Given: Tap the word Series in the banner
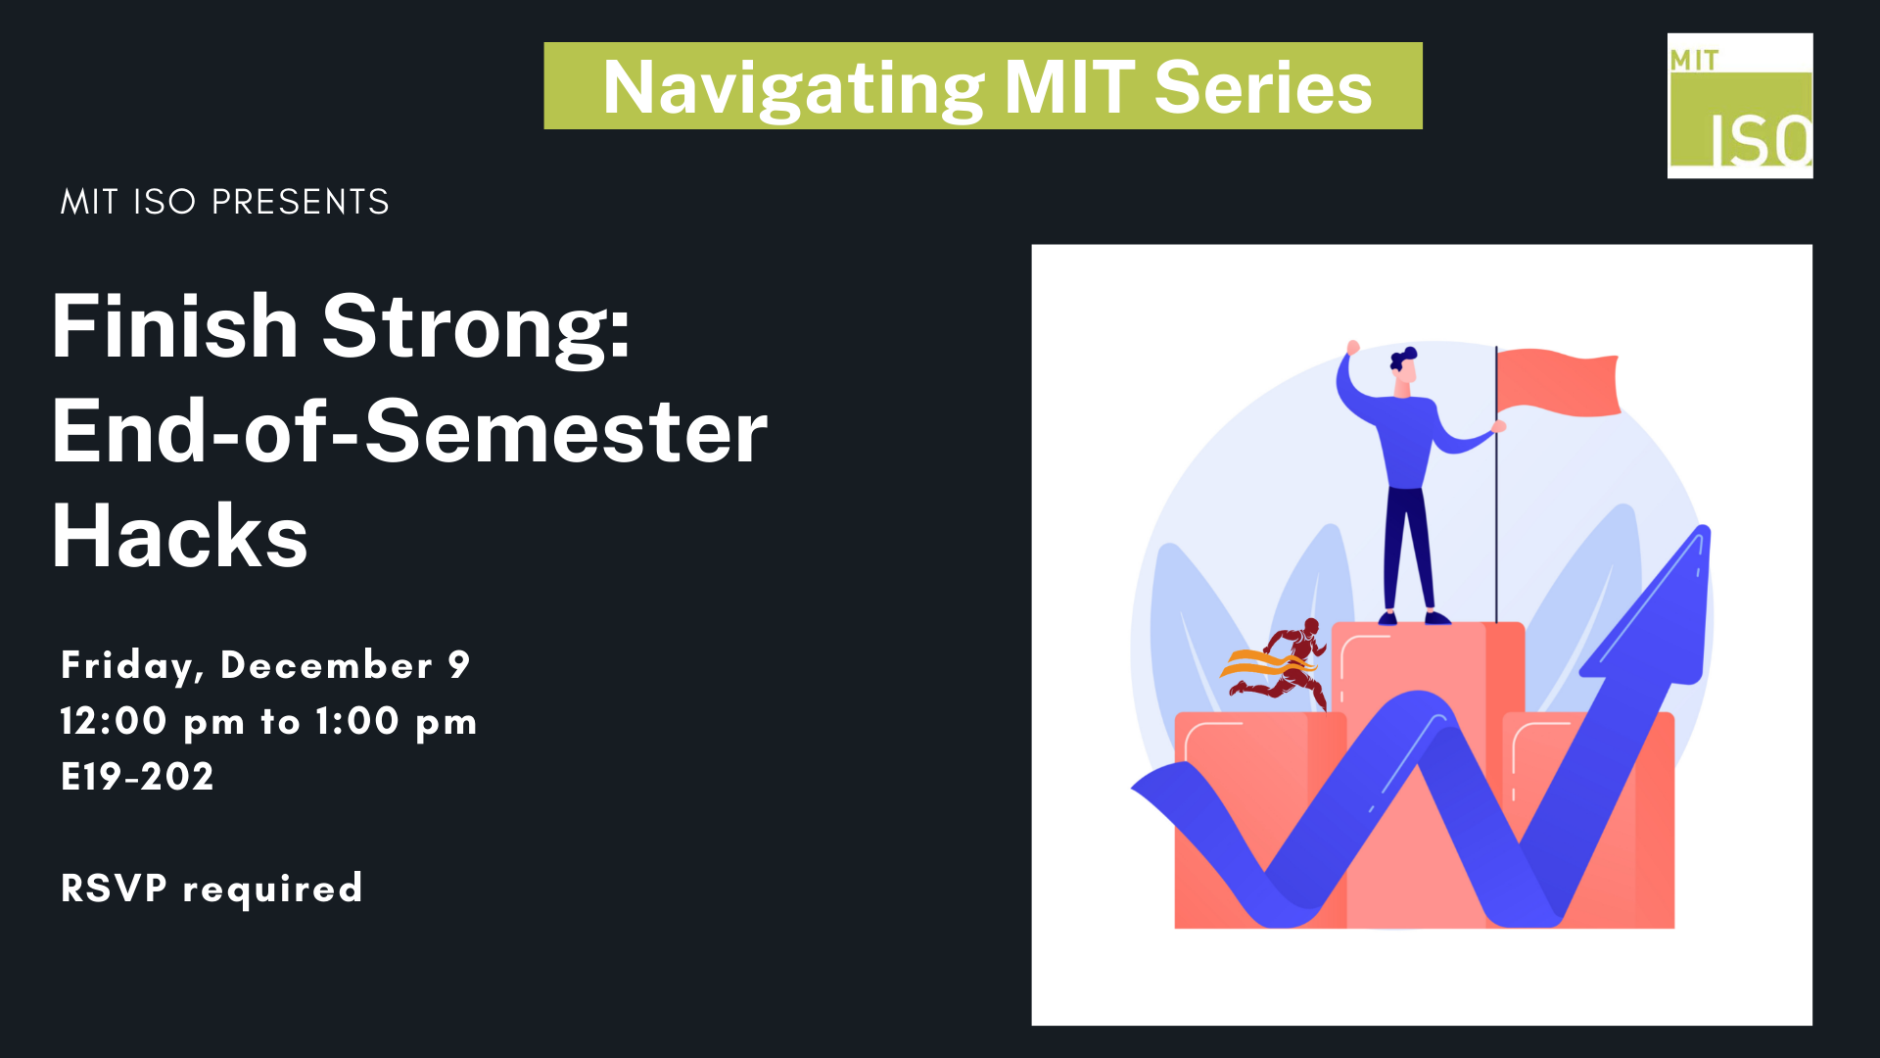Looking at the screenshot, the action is pos(1263,87).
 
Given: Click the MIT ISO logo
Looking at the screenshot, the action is pos(1740,106).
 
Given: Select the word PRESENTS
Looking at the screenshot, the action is pos(301,202).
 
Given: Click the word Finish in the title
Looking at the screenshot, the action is pos(174,326).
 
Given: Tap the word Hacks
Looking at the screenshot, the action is pos(180,536).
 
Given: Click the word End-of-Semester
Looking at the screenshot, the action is pos(410,431).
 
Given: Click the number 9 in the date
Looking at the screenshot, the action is pos(459,664).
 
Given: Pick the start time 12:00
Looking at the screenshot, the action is pos(114,721).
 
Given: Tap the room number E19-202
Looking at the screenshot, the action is pos(137,777).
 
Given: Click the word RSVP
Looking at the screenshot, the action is pos(114,888).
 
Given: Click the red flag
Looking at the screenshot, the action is pos(1558,382).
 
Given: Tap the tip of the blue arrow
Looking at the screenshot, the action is pos(1705,528).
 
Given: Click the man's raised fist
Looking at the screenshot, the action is pos(1353,347).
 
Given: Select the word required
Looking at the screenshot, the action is pos(272,890).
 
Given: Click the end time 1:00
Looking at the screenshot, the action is pos(357,721).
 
